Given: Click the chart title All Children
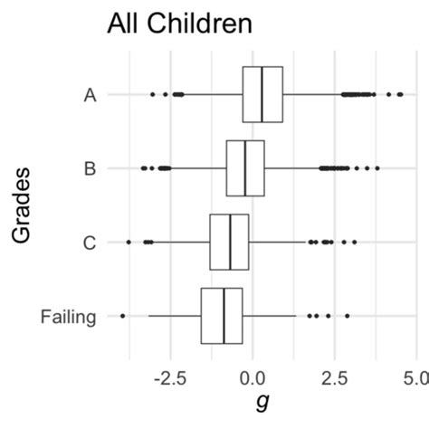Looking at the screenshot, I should tap(179, 24).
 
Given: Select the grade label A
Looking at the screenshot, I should tap(90, 94).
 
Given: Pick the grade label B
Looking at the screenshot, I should tap(90, 168).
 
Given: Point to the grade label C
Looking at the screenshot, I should tap(90, 242).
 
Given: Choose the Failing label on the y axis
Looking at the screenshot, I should tap(68, 316).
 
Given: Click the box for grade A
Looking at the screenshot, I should tap(272, 94).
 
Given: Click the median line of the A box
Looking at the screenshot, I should tap(262, 94).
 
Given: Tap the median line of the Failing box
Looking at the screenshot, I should tap(224, 316).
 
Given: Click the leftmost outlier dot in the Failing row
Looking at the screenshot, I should tap(122, 316).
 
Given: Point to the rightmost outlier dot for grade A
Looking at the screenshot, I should tap(401, 94).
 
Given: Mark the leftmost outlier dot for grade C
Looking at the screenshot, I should tap(129, 242).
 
